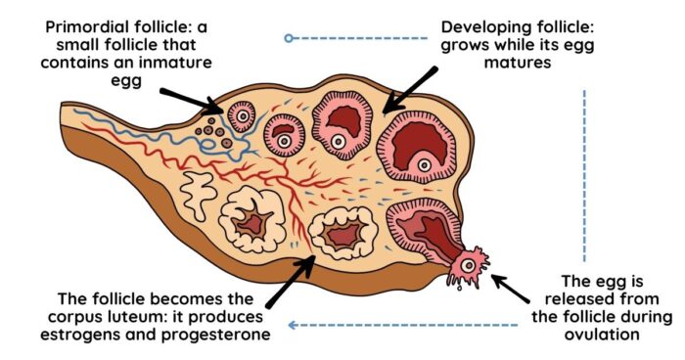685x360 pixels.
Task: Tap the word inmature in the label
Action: (175, 63)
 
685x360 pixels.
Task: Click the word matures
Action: (518, 63)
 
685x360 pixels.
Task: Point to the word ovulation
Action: (602, 335)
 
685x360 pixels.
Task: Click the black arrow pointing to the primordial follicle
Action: (192, 102)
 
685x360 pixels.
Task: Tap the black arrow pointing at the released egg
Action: (510, 289)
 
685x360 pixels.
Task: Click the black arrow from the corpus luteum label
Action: (291, 282)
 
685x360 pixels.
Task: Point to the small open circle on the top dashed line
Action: (289, 38)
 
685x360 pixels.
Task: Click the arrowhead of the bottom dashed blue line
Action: (293, 325)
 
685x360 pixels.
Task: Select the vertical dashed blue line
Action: (584, 176)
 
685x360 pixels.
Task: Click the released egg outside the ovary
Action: (469, 266)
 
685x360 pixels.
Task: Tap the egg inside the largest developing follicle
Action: (424, 165)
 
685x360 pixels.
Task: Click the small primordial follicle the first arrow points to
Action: (242, 116)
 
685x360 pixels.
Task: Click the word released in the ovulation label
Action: (602, 299)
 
